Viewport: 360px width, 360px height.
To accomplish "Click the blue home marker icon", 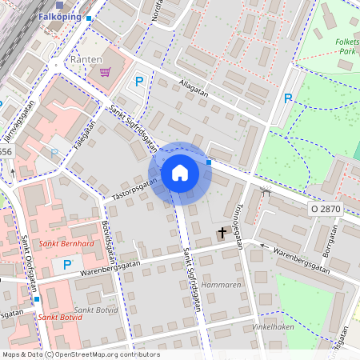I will click(x=180, y=173).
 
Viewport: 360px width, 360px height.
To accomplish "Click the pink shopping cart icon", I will click(x=104, y=72).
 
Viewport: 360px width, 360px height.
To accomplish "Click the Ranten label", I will click(x=86, y=59).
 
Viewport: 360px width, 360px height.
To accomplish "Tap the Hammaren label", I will click(x=222, y=285).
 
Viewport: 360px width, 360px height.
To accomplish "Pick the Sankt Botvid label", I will click(x=58, y=318).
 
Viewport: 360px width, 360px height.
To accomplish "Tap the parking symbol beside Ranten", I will click(x=139, y=81).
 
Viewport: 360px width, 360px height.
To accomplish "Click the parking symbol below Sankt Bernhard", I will click(x=67, y=264).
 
